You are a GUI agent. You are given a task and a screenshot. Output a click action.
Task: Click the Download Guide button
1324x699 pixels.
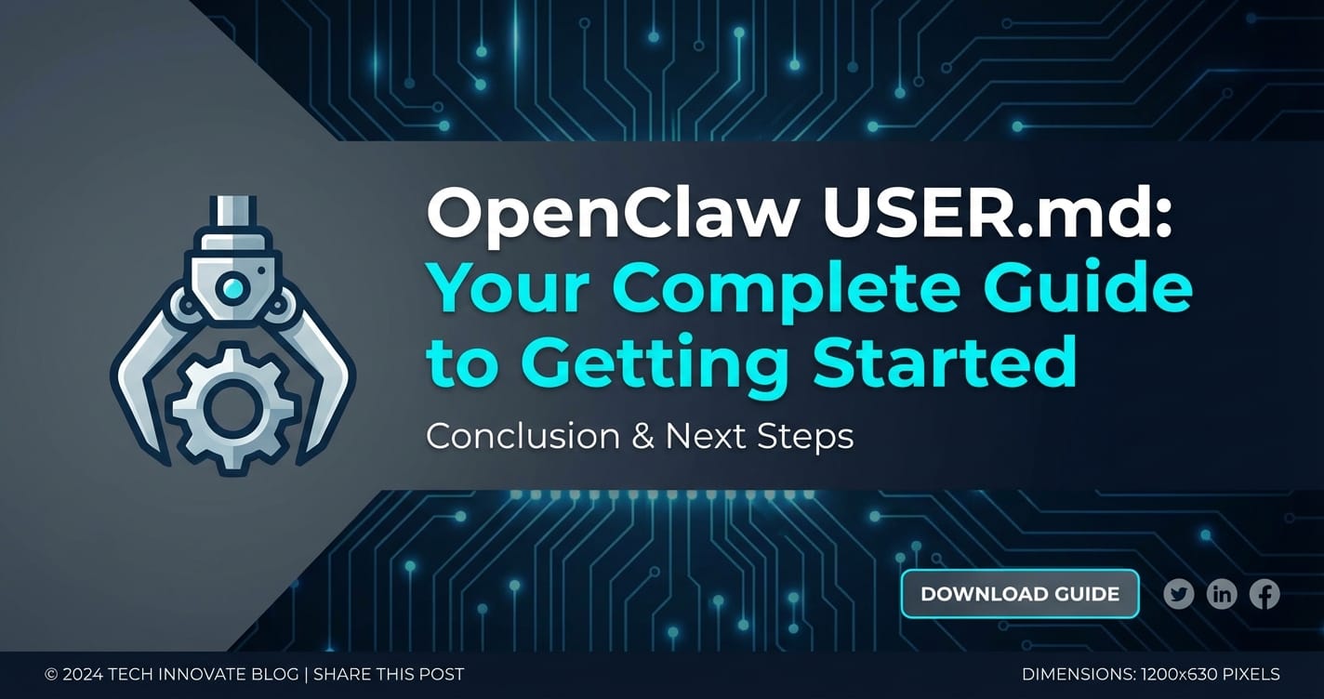[x=1020, y=594]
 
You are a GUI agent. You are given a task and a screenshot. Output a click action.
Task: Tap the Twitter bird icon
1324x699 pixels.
[x=1179, y=594]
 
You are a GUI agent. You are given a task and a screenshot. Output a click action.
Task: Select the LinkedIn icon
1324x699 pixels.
[x=1221, y=594]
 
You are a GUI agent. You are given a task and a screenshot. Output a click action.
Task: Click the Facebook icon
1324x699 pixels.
[x=1264, y=594]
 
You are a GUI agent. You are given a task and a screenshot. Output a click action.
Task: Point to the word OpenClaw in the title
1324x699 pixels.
[x=612, y=214]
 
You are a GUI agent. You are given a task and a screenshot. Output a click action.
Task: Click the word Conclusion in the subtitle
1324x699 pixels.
[x=523, y=436]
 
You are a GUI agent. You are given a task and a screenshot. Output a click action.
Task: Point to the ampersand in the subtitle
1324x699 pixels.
[x=642, y=436]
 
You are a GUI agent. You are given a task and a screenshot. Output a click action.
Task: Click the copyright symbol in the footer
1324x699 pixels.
[x=51, y=674]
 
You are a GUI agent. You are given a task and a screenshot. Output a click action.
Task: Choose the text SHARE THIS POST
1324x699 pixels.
[x=389, y=674]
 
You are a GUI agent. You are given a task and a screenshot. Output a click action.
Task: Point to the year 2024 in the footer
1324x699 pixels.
[x=83, y=674]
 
